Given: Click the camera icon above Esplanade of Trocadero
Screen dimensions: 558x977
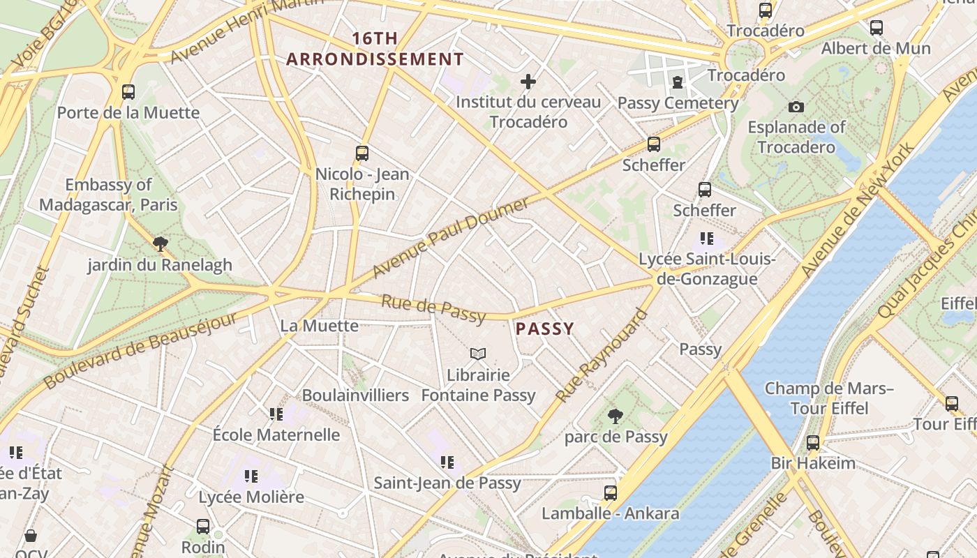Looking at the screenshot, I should pos(796,107).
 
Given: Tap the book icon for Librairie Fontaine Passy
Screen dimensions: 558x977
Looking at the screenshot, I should pos(477,354).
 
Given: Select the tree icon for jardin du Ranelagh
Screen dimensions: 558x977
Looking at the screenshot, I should pos(161,243).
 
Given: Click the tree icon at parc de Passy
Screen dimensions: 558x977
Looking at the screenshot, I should pos(615,416).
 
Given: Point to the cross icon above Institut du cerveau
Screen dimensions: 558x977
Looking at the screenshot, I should pos(528,82).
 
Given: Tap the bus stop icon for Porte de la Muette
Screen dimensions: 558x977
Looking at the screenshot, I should pos(128,91).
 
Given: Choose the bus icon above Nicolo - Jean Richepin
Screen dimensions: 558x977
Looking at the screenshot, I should pos(361,153).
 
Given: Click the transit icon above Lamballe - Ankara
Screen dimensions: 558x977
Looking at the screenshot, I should pos(611,492).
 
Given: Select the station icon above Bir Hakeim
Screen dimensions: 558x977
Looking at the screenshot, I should pos(812,442).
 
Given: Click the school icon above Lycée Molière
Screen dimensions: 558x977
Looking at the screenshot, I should pos(251,476).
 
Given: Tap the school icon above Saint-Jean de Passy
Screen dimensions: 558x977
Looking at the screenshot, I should pos(447,462).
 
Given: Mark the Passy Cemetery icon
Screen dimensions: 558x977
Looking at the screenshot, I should pos(677,82).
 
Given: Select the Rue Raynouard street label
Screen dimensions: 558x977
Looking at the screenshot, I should pos(601,356).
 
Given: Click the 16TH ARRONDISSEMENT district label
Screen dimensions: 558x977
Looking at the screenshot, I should pos(375,49).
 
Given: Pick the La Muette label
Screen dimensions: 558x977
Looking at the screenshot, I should pos(319,326).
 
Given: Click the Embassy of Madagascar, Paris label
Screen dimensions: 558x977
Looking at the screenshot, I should pos(108,195).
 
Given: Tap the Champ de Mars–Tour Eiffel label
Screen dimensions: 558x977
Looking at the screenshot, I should pos(829,398).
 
